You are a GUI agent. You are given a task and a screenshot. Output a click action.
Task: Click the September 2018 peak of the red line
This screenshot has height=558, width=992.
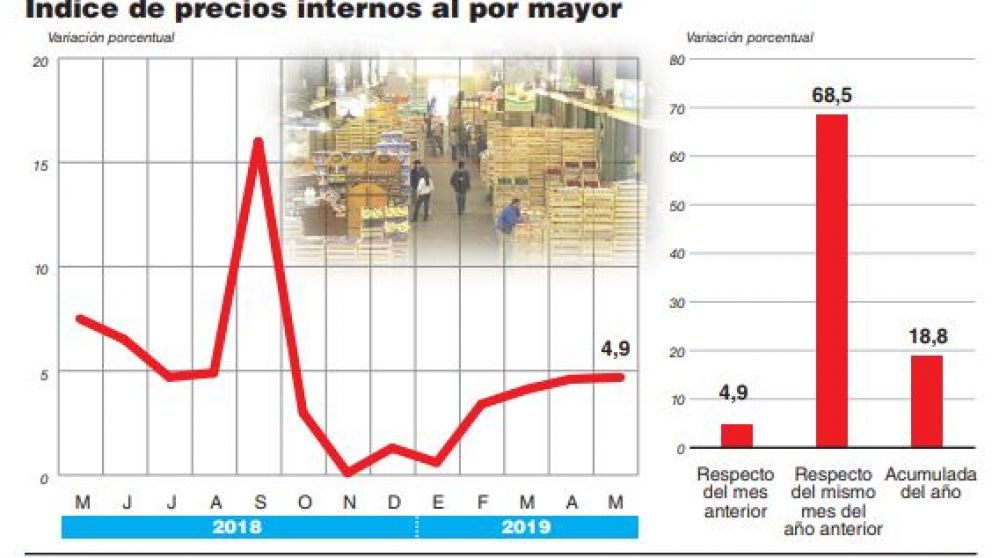coord(258,142)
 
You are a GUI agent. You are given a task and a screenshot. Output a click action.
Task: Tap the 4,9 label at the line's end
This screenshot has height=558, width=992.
coord(614,349)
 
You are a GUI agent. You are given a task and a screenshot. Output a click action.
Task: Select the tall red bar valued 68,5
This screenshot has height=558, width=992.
coord(831,280)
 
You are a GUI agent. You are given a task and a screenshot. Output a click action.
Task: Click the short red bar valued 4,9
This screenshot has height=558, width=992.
coord(736,435)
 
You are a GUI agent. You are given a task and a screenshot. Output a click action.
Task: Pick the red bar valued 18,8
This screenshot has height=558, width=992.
coord(926,400)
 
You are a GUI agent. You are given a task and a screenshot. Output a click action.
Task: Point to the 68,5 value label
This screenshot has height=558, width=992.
coord(831,96)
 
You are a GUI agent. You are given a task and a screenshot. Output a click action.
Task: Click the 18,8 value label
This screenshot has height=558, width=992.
coord(926,336)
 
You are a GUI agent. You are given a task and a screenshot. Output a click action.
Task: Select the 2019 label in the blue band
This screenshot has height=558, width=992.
coord(526,527)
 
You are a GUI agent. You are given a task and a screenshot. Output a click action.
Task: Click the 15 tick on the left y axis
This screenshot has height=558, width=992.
coord(40,164)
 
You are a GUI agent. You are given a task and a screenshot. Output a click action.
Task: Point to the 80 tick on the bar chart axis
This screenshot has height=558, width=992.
coord(676,60)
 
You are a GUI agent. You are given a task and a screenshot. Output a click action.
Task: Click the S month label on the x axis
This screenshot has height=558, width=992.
coord(258,501)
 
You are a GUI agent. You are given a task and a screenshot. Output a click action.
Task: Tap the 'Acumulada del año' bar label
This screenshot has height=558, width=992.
coord(924,483)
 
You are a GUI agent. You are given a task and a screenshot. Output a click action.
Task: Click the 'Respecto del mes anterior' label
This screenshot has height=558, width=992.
coord(735,492)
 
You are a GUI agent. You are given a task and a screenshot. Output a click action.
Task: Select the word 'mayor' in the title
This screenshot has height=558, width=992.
coord(568,10)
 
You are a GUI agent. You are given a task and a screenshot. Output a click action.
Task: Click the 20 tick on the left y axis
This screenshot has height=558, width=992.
coord(40,62)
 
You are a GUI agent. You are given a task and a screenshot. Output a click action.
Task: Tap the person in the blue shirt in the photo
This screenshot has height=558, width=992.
coord(510,215)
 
